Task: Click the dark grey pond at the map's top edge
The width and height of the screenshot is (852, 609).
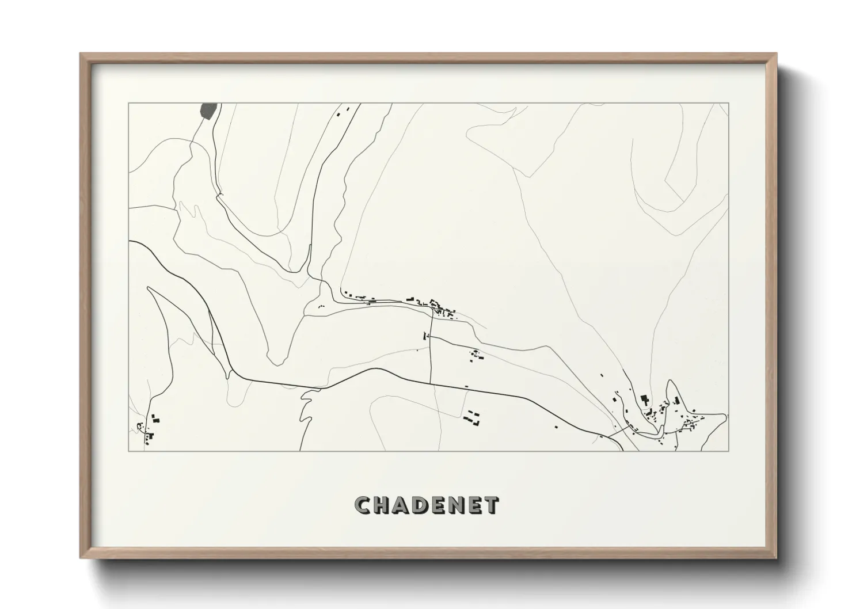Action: pos(208,110)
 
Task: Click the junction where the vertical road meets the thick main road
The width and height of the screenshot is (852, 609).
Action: pos(431,383)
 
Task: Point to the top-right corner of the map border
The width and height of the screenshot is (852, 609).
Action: pos(728,103)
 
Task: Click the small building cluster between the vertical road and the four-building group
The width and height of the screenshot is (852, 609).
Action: pos(477,355)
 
